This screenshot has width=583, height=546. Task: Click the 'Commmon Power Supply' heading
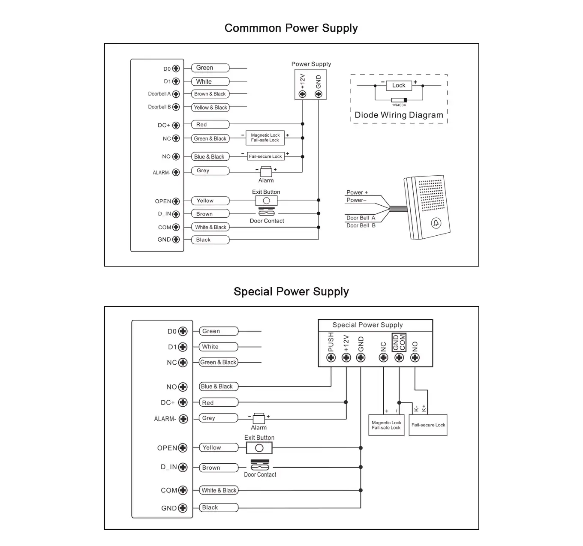(291, 28)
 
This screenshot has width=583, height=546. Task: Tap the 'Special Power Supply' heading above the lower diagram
(291, 292)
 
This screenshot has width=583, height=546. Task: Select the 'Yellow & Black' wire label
(210, 108)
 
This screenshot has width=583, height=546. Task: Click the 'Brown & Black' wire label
(210, 94)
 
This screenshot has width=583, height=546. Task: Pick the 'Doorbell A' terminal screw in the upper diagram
(176, 94)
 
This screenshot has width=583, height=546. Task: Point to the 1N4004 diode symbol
(399, 100)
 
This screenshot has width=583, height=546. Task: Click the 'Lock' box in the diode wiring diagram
(399, 85)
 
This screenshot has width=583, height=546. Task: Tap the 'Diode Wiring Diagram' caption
(399, 115)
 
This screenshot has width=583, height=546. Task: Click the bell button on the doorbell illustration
(436, 223)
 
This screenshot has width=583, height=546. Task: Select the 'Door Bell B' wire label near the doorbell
(361, 225)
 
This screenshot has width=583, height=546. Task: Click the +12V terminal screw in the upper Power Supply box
(303, 94)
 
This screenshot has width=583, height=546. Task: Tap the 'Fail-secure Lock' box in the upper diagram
(265, 156)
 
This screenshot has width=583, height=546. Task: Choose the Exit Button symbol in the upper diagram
(266, 201)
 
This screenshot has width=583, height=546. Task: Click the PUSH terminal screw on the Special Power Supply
(331, 358)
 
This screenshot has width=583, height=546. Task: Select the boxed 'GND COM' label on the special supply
(399, 342)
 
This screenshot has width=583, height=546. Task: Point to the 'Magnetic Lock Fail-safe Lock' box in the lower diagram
(386, 425)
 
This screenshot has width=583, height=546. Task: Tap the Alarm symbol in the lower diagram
(258, 418)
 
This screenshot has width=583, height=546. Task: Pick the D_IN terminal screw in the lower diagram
(183, 467)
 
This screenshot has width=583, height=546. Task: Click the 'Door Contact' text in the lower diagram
(260, 475)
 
